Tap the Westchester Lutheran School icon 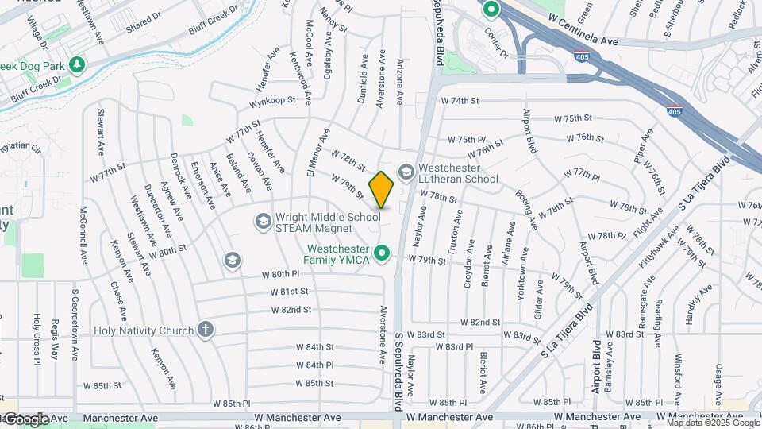pyautogui.click(x=406, y=172)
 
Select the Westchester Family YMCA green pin pyautogui.click(x=382, y=253)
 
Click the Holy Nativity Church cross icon pyautogui.click(x=206, y=330)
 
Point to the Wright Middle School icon pyautogui.click(x=263, y=219)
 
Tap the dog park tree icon pyautogui.click(x=77, y=64)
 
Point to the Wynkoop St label pyautogui.click(x=272, y=102)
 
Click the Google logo pyautogui.click(x=26, y=419)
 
